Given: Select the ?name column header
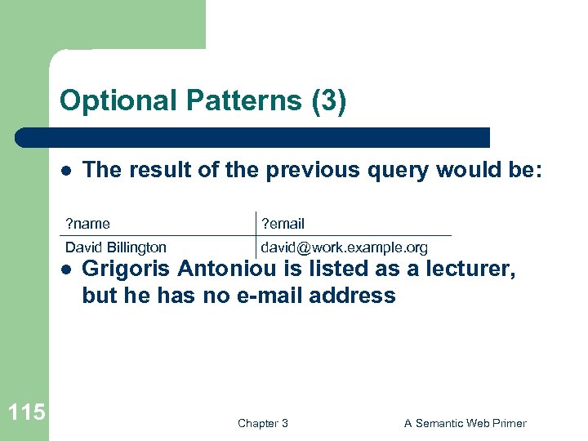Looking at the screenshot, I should click(88, 224).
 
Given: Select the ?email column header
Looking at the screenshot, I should click(283, 224).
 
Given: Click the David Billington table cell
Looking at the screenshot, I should click(116, 247).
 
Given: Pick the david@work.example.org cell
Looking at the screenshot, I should click(344, 247).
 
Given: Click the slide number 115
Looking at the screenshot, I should click(25, 412).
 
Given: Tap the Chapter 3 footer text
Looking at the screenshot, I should click(262, 423).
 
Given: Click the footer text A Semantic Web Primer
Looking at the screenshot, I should click(465, 423).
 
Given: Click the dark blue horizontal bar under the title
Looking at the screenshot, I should click(253, 137).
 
